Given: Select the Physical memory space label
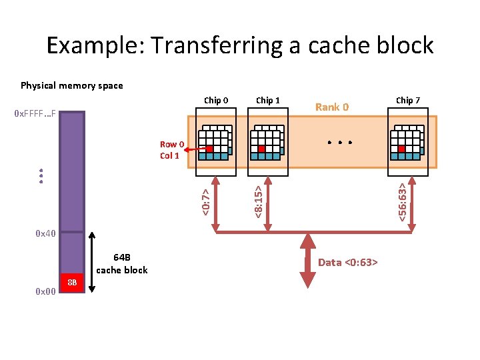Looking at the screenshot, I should (72, 85).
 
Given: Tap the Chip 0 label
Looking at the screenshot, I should (216, 101).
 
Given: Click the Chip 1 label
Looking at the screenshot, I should (268, 101).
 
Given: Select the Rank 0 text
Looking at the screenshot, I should (332, 107).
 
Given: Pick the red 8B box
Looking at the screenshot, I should (72, 282).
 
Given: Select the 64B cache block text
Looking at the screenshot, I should (122, 263).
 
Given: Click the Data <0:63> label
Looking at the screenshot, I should (347, 262).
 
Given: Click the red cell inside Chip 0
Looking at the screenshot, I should (209, 149).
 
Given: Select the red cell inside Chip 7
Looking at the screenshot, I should (401, 149).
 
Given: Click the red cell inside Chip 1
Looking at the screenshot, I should (262, 149).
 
